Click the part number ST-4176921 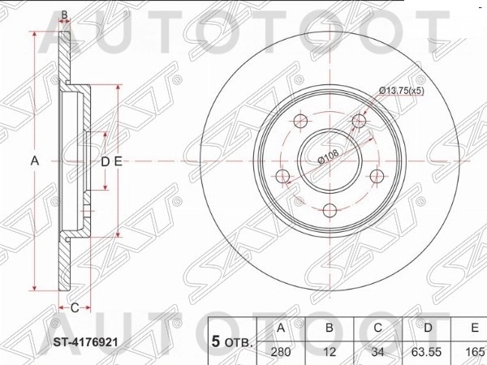85,342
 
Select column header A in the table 280,328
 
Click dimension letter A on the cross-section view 35,161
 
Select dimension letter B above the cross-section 64,15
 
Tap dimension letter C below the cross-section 74,307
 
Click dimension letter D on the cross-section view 104,161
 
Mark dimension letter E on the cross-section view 118,161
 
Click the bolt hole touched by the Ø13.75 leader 359,122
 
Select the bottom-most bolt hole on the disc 330,211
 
